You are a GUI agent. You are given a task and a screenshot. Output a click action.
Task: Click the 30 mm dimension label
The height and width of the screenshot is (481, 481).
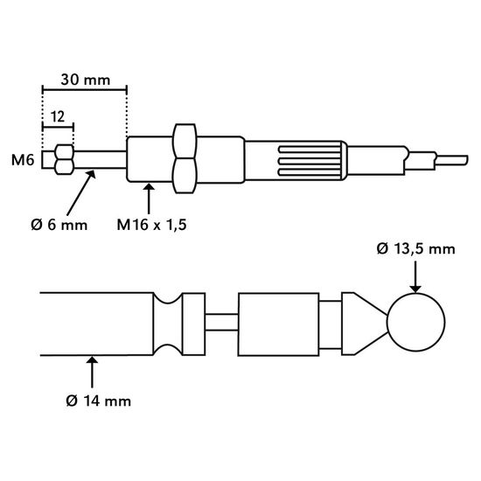tap(86, 80)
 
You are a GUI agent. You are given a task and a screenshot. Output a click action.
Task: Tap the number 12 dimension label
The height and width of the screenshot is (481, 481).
tap(58, 117)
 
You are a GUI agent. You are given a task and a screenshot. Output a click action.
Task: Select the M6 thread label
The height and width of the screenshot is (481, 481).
tap(23, 160)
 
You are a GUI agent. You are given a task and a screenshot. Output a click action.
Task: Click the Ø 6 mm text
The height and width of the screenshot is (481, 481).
tap(59, 225)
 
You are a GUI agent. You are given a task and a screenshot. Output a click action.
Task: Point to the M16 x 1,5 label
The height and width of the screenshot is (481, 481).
tap(151, 225)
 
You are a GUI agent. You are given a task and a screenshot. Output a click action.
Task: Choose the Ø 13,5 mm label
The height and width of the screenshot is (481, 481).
tap(415, 248)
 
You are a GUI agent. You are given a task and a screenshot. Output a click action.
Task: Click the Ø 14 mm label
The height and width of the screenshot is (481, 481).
tap(99, 401)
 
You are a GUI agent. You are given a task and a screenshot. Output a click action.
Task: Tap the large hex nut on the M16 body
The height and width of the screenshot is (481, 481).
tap(185, 158)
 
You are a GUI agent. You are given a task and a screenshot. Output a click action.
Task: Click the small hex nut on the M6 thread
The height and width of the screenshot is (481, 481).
tap(64, 159)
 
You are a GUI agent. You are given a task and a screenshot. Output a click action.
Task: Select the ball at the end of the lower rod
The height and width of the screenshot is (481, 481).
tap(415, 322)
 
